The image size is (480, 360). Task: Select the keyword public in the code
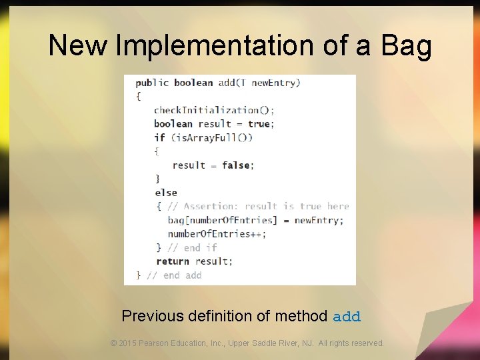[x=152, y=83]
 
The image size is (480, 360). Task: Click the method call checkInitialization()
[x=214, y=110]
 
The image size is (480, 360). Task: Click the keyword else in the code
[x=166, y=193]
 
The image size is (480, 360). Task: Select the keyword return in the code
[x=173, y=261]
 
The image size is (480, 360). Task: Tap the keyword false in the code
[x=235, y=165]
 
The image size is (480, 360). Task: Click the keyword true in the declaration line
[x=259, y=124]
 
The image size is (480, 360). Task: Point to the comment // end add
[x=174, y=275]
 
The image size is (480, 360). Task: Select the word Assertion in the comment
[x=211, y=207]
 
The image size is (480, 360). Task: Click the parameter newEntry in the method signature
[x=276, y=83]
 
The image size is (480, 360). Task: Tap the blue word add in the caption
[x=347, y=317]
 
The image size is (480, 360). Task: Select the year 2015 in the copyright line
[x=128, y=343]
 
